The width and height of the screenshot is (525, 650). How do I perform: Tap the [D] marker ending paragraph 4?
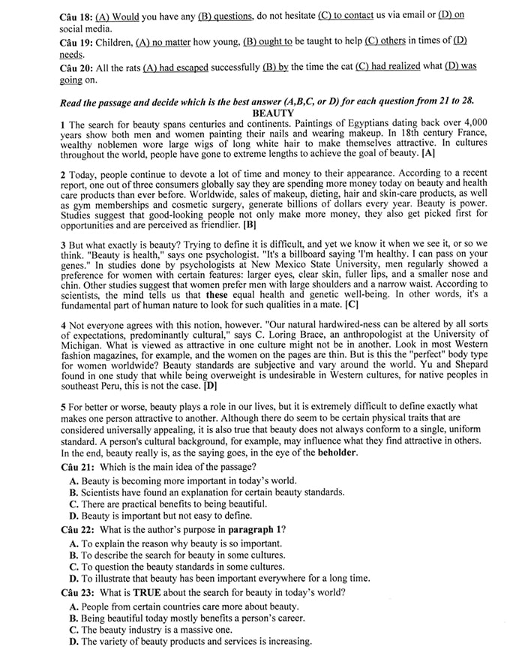[211, 386]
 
